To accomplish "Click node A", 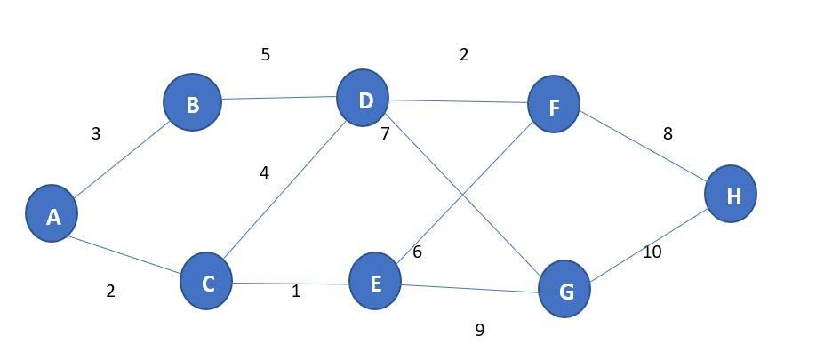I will pos(52,214).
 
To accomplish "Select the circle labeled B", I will pos(192,103).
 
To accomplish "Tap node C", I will pos(206,282).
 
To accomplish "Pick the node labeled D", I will pos(364,99).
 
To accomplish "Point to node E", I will pos(374,282).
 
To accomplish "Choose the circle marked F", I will pos(553,105).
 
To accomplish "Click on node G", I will pos(564,289).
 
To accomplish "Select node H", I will pos(731,195).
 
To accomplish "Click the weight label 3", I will pos(96,134).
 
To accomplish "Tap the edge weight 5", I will pos(265,55).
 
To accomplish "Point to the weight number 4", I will pos(264,173).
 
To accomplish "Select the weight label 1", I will pos(296,292).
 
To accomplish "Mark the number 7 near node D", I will pos(385,135).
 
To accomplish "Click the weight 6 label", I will pos(417,252).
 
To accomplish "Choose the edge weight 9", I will pos(480,331).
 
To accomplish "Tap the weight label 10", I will pos(652,252).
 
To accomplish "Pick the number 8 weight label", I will pos(668,134).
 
